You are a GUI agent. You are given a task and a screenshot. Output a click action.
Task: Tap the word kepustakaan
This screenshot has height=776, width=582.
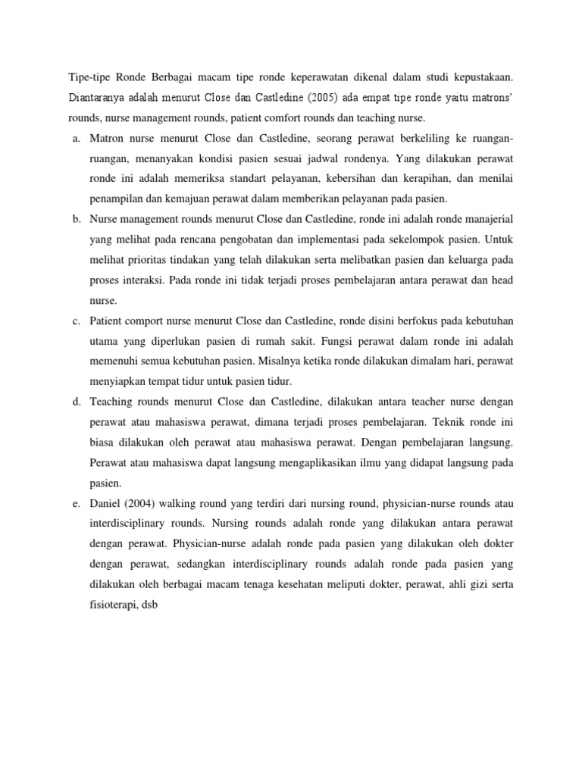(x=480, y=77)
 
